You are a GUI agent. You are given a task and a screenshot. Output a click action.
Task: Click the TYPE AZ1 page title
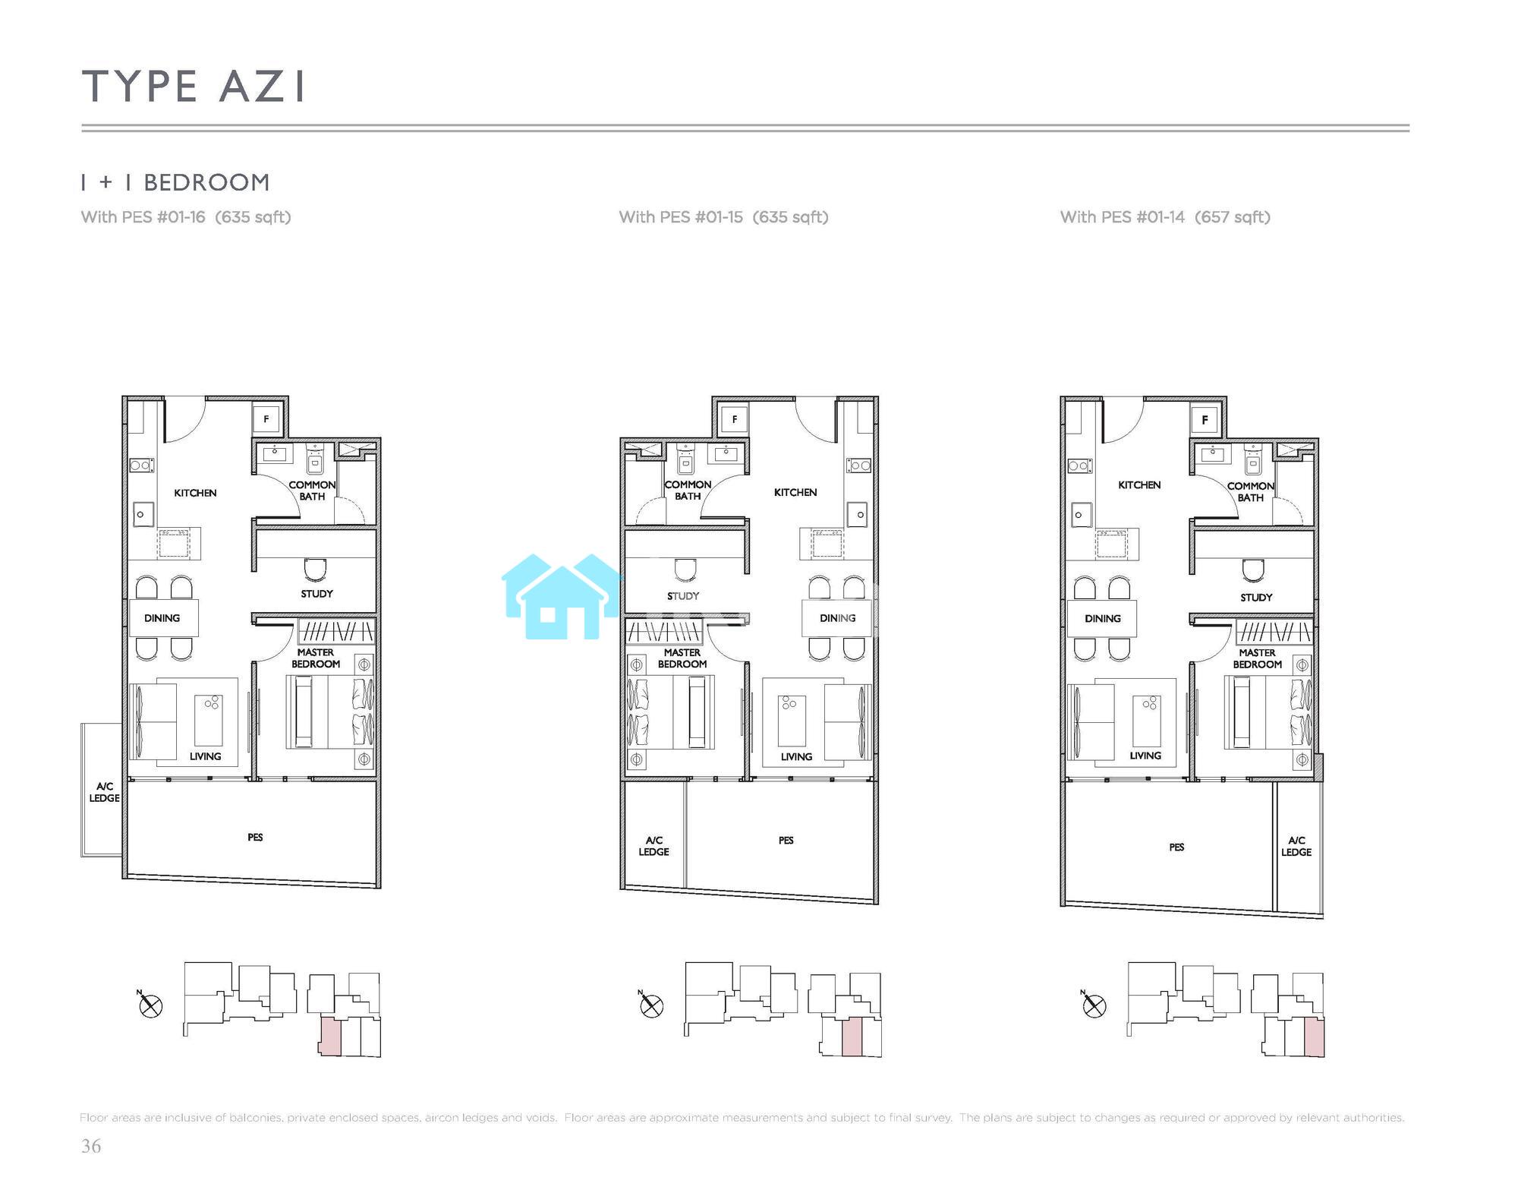[194, 86]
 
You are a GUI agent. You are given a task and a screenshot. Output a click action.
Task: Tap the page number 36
[91, 1146]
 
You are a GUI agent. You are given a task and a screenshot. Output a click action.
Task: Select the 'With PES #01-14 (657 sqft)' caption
[1165, 217]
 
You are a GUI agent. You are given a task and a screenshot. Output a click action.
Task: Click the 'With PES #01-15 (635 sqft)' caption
[723, 217]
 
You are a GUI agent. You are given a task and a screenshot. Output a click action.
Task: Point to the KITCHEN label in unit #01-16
[195, 493]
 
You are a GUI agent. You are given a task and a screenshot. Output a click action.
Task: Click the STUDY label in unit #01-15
[683, 596]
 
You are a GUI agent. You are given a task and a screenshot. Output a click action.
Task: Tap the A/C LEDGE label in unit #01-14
[1296, 846]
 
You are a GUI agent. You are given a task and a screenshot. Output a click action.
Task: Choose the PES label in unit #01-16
[255, 837]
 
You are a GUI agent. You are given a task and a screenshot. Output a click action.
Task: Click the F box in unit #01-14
[1205, 420]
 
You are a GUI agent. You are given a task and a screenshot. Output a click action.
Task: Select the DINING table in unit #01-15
[837, 618]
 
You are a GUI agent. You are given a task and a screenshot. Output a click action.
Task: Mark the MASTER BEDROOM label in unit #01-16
[316, 658]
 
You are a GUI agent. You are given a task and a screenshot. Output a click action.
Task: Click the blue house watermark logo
[562, 597]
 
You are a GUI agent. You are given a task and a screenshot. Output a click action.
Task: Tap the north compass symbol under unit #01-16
[150, 1005]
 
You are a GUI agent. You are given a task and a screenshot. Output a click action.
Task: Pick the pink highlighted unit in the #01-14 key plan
[1315, 1038]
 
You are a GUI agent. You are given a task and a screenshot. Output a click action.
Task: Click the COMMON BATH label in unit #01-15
[688, 490]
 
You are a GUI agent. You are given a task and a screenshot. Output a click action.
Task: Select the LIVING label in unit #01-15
[796, 756]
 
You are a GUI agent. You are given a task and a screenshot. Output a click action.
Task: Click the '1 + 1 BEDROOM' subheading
[175, 183]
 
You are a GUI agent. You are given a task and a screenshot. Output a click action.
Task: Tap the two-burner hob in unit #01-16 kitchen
[141, 465]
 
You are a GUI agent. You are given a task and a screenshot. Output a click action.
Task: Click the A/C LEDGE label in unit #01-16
[104, 792]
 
